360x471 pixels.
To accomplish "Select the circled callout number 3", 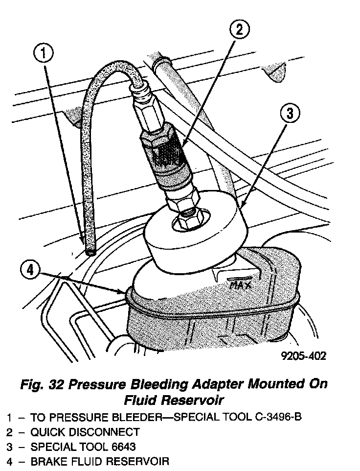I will (x=290, y=114).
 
